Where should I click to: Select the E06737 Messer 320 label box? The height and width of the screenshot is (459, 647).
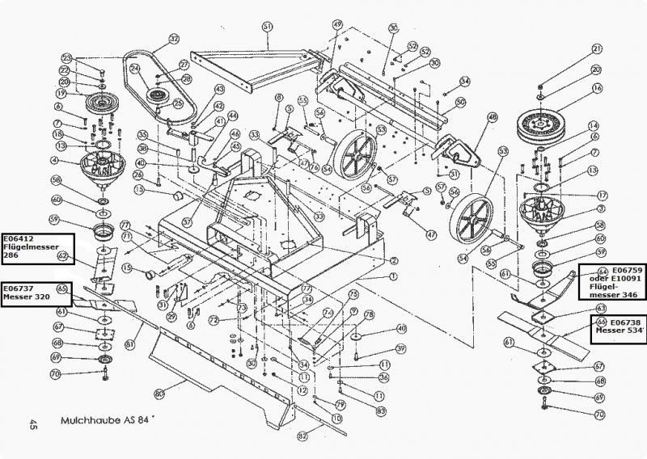tap(36, 292)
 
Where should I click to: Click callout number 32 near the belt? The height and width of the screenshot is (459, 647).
tap(173, 38)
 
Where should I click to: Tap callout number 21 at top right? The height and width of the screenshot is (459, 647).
tap(598, 48)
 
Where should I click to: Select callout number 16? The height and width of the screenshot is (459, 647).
tap(598, 88)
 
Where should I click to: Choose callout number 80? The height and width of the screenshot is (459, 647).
tap(159, 394)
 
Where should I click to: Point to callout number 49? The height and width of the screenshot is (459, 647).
tap(337, 26)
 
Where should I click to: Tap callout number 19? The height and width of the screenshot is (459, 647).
tap(59, 92)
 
